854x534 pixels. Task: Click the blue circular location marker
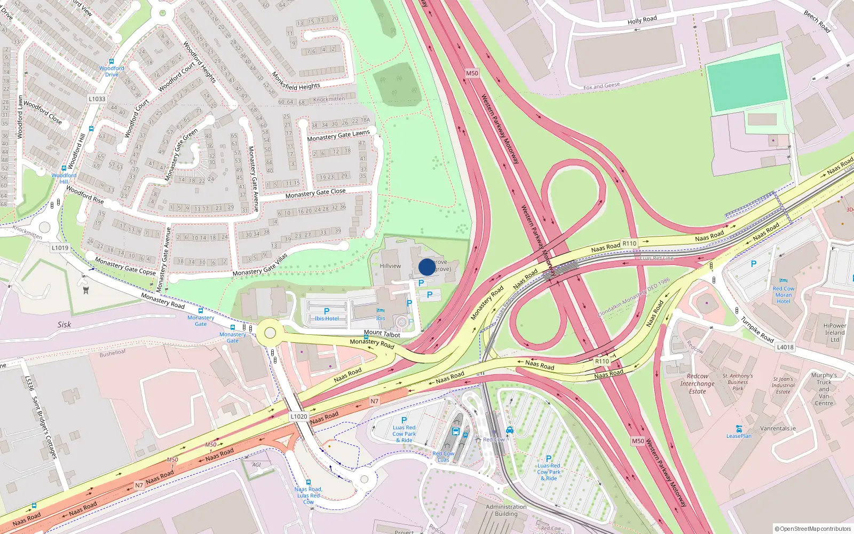coord(427,267)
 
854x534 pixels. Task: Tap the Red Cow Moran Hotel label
coord(783,295)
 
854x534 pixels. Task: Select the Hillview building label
coord(390,266)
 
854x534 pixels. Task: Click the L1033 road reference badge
coord(97,99)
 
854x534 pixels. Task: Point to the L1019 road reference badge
coord(60,248)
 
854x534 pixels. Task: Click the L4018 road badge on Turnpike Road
coord(785,347)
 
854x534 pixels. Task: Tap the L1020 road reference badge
coord(299,417)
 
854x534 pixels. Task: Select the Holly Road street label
coord(642,20)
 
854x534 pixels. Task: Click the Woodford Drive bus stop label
coord(112,71)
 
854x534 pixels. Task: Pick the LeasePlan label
coord(739,436)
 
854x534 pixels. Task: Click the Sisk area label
coord(64,325)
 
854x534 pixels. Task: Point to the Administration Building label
coord(506,511)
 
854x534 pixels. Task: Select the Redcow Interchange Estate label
coord(697,383)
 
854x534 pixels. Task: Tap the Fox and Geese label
coord(602,86)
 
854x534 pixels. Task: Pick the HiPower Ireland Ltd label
coord(835,332)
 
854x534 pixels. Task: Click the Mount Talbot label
coord(382,334)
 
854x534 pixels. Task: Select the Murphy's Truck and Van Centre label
coord(824,389)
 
